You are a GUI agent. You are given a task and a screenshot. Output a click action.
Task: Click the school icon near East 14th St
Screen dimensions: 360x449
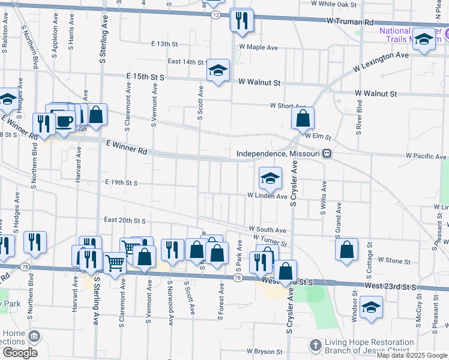pos(218,70)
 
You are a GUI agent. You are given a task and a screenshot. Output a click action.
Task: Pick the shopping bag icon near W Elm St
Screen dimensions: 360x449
pos(303,119)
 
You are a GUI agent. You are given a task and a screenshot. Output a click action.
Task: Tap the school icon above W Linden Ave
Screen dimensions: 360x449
pos(270,178)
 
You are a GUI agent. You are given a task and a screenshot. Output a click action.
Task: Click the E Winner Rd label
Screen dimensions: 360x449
pos(126,148)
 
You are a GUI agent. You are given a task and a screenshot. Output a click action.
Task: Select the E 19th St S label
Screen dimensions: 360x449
pos(121,182)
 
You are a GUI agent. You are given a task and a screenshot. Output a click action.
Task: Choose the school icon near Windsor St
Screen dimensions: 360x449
pos(372,308)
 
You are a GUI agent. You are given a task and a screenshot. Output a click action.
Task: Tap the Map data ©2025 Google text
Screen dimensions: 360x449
pos(411,355)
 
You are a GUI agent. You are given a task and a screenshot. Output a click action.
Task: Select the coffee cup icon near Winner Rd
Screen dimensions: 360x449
pos(64,121)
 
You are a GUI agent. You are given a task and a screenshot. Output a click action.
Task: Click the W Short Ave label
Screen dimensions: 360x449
pos(288,106)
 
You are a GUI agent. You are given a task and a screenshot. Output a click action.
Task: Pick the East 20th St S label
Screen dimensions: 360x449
pos(125,220)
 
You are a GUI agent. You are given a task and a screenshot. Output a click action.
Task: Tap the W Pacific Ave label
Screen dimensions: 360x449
pos(426,156)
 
